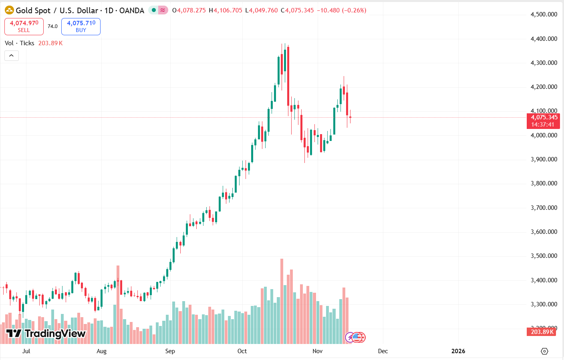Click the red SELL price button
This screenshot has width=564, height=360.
(24, 26)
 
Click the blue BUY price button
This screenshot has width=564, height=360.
(81, 26)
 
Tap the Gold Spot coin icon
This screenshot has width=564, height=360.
(9, 10)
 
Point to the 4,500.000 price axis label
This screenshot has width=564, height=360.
(544, 14)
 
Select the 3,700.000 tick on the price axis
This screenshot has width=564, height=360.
(544, 208)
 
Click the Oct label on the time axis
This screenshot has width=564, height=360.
(242, 351)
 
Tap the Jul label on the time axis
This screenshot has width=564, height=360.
(26, 351)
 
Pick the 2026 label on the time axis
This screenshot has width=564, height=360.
(458, 351)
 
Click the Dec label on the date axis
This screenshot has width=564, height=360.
(383, 351)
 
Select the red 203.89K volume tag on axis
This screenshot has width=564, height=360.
(542, 332)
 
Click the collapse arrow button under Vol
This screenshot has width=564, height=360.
(12, 56)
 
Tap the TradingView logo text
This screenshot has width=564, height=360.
(55, 334)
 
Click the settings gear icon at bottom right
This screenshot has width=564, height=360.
(544, 351)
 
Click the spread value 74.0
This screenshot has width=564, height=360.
(52, 26)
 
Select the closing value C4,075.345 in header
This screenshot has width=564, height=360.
(297, 10)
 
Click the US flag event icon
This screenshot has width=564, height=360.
(358, 338)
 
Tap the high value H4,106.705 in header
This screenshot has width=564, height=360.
(226, 10)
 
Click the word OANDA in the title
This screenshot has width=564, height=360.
(132, 10)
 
